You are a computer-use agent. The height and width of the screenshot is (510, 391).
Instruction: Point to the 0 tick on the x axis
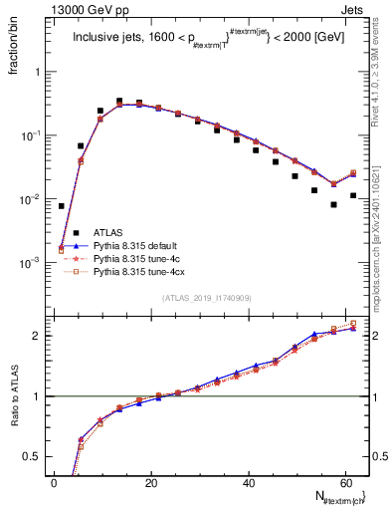coord(54,482)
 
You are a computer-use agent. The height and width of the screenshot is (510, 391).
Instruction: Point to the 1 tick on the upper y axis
coord(36,73)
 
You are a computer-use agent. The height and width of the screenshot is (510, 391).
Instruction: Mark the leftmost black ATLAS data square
coord(62,206)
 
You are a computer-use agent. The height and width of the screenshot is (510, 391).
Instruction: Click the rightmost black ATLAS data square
coord(353,196)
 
